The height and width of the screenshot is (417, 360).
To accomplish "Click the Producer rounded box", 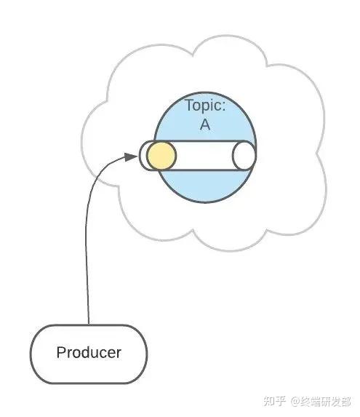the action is (89, 354).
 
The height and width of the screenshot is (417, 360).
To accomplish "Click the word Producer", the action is (89, 352).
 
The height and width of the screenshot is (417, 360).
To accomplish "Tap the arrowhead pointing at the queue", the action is (130, 157).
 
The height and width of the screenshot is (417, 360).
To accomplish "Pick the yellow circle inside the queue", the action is (161, 156).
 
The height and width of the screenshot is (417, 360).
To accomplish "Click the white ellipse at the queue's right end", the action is (244, 156).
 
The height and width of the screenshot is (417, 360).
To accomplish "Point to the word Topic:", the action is (205, 105).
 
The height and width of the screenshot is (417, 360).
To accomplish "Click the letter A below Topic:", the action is (205, 124).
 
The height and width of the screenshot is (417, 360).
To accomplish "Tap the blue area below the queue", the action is (204, 186).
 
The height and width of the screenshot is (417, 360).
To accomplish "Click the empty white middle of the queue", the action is (204, 156).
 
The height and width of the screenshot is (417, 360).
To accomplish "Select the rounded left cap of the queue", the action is (143, 156).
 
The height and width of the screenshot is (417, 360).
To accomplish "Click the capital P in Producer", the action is (61, 352).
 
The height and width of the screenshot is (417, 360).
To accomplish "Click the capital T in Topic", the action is (189, 105).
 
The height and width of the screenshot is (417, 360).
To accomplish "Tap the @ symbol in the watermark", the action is (296, 402).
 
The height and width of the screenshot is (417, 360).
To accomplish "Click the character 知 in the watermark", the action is (269, 401).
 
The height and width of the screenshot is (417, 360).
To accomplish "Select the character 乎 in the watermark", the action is (280, 401).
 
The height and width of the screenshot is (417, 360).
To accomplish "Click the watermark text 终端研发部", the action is (326, 401).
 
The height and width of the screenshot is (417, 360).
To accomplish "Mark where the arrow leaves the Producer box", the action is (89, 325).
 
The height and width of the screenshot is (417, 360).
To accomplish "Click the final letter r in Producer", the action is (119, 354).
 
